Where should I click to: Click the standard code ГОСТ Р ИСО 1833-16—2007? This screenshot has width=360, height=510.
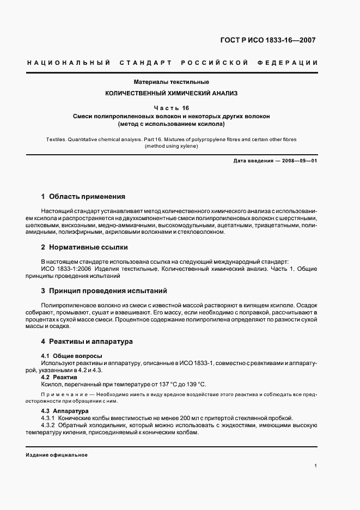pos(267,40)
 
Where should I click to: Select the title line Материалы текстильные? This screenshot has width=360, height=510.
pos(172,82)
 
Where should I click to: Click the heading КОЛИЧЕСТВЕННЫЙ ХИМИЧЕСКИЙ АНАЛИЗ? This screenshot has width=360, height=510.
pos(172,94)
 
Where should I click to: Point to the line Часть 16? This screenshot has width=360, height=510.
pos(172,108)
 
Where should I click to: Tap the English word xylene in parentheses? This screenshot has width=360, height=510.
pos(187,147)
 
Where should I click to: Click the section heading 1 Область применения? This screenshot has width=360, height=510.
pos(83,196)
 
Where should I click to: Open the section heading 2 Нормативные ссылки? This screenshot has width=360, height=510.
pos(84,247)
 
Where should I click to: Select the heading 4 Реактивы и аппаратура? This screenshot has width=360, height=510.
pos(87,342)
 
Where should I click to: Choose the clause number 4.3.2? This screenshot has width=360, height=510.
pos(51,425)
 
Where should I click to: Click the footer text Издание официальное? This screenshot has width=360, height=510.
pos(57,455)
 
